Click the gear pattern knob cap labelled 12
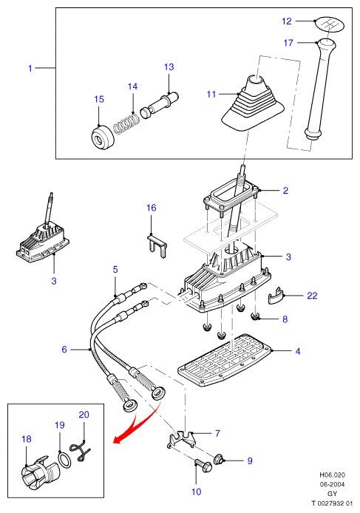pyautogui.click(x=328, y=25)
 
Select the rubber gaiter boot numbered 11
pyautogui.click(x=253, y=103)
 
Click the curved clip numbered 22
pyautogui.click(x=276, y=296)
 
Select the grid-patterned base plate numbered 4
pyautogui.click(x=225, y=360)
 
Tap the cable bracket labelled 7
pyautogui.click(x=182, y=440)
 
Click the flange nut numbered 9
pyautogui.click(x=219, y=460)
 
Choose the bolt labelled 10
pyautogui.click(x=203, y=466)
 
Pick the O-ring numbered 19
pyautogui.click(x=64, y=460)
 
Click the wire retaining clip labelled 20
pyautogui.click(x=81, y=451)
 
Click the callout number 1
pyautogui.click(x=30, y=68)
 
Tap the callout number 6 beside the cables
pyautogui.click(x=64, y=350)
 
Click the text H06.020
pyautogui.click(x=332, y=475)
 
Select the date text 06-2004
pyautogui.click(x=332, y=484)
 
